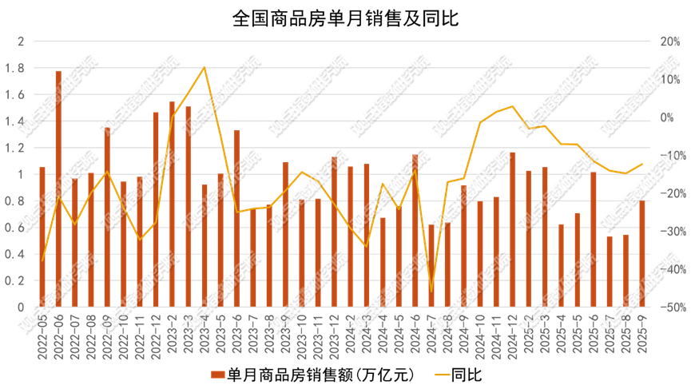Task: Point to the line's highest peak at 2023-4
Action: tap(205, 67)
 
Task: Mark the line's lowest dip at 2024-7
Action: tap(431, 292)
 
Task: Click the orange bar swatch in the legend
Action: tap(217, 374)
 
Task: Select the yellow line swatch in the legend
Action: tap(442, 374)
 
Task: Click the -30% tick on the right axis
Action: tap(665, 232)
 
